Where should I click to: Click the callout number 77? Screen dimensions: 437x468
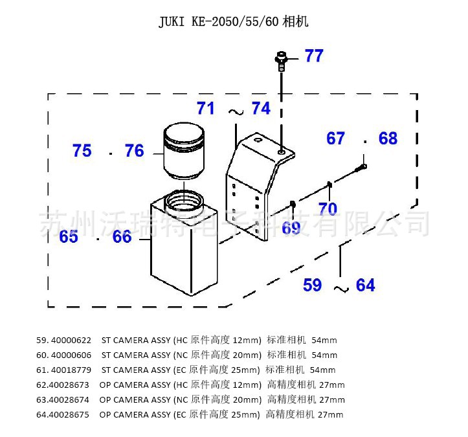[x=313, y=56]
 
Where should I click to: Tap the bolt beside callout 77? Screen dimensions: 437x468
[x=282, y=60]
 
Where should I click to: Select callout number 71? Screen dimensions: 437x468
[x=206, y=108]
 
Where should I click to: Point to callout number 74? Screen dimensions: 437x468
[x=261, y=108]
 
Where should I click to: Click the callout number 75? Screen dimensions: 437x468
[x=82, y=151]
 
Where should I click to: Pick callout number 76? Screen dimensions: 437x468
[x=134, y=151]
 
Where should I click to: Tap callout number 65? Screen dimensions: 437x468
[x=69, y=237]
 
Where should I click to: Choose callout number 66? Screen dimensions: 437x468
[x=122, y=237]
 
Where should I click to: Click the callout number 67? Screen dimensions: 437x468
[x=335, y=139]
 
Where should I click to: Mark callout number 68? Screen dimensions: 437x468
[x=388, y=139]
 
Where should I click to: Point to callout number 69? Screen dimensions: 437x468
[x=291, y=227]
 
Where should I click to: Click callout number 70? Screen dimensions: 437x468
[x=328, y=209]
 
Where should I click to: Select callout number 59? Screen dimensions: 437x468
[x=313, y=285]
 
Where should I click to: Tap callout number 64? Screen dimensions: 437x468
[x=365, y=285]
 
